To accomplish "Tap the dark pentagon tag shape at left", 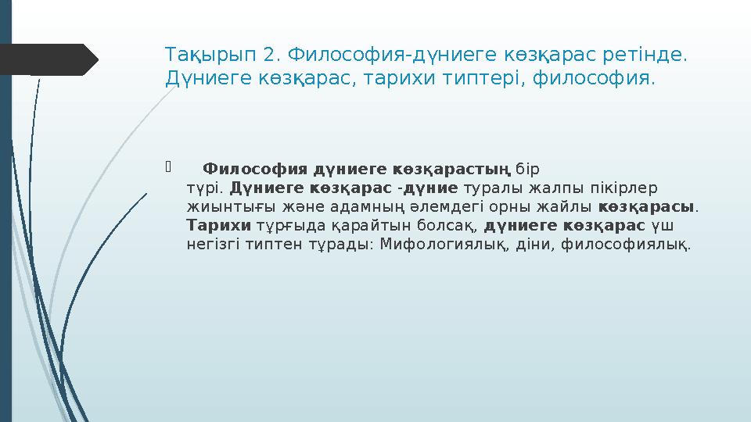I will [47, 59].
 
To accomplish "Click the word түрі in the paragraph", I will [205, 188].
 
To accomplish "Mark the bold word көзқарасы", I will [647, 208].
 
